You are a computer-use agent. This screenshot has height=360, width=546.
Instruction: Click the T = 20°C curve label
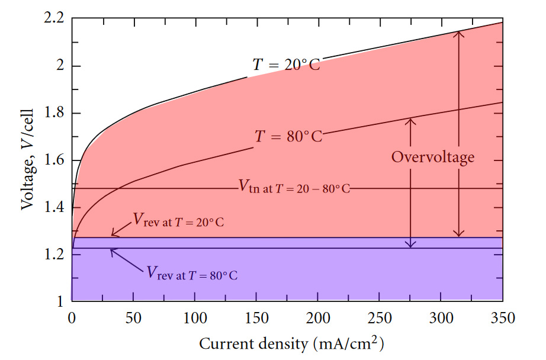tap(287, 65)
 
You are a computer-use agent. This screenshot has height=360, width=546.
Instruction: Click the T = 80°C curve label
tap(288, 137)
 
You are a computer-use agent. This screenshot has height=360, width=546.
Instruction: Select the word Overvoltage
tap(433, 157)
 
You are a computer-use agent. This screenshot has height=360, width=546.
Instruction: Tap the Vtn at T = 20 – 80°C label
tap(294, 188)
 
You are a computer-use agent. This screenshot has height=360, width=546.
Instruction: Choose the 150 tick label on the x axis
tap(256, 317)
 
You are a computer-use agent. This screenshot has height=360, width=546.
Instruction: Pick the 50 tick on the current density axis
tap(133, 317)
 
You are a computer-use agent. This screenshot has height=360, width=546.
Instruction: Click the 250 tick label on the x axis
tap(379, 317)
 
